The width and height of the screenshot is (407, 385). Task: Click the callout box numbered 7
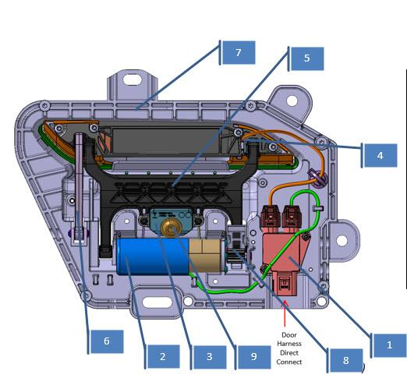pos(239,52)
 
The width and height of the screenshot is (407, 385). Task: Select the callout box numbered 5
pos(307,58)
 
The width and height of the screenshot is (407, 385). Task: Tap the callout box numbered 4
pos(380,155)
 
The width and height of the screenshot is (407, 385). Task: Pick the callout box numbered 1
pos(390,345)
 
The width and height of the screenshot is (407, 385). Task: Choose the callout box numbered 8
pos(346,361)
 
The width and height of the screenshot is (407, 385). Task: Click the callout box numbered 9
pos(254,357)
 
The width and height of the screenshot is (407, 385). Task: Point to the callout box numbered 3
pos(210,357)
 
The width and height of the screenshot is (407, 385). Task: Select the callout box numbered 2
pos(163,356)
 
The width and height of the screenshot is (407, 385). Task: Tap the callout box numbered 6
pos(107,341)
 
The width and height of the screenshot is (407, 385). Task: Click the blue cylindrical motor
pos(154,256)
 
